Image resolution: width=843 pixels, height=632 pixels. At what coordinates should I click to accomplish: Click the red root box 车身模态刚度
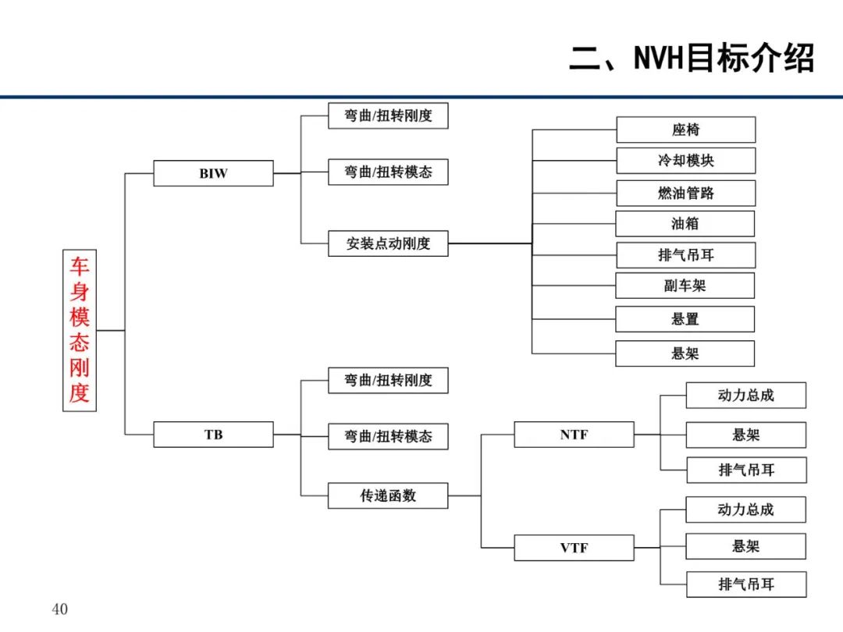point(80,331)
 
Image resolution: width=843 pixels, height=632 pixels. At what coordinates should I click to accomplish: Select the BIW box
point(213,173)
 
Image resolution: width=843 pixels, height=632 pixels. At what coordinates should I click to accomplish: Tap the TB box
point(213,435)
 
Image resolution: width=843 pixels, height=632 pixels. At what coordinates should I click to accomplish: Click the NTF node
point(574,435)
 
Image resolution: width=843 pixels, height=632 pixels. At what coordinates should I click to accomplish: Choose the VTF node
point(574,548)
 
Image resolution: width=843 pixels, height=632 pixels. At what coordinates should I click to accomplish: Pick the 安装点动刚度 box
point(388,243)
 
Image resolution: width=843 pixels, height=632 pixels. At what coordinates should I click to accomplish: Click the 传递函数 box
point(388,495)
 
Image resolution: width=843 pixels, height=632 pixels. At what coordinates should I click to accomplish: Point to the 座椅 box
point(686,130)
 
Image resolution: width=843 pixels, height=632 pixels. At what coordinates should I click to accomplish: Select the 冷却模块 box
point(686,160)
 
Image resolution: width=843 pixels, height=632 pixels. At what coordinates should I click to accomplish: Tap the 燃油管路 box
point(686,193)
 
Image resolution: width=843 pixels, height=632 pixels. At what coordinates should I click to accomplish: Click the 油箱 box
point(685,224)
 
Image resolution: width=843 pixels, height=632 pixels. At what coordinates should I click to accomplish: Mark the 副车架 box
point(685,286)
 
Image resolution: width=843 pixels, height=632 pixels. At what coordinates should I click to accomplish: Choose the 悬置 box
point(685,319)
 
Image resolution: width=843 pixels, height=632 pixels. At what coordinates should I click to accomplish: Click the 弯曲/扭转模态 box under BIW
point(388,172)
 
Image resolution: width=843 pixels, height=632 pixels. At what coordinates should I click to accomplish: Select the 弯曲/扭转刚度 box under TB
point(388,381)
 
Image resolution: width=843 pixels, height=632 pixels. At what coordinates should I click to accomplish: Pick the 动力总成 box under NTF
point(746,396)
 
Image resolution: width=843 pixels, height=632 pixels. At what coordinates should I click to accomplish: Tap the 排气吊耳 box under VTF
point(746,584)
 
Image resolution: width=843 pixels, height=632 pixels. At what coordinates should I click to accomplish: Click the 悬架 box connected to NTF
point(746,435)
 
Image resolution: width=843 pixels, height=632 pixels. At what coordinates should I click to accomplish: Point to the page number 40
point(59,609)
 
